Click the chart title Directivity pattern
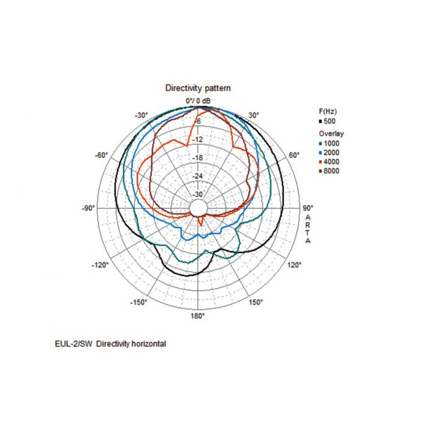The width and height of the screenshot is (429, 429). tap(198, 88)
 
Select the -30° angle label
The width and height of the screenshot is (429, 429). tap(142, 115)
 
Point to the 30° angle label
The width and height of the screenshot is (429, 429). tap(254, 115)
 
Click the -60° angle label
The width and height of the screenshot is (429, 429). tap(101, 155)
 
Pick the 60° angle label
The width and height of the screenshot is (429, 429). tap(294, 155)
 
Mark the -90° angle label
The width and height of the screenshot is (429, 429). tap(88, 208)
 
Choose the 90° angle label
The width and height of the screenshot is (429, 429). tap(308, 208)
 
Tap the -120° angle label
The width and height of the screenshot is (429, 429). tap(100, 265)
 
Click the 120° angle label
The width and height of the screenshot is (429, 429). tap(295, 265)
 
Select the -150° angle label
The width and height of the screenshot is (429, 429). tap(139, 302)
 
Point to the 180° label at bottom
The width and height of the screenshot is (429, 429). tap(197, 316)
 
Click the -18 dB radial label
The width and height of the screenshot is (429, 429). tap(197, 158)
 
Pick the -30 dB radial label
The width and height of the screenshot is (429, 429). tap(197, 194)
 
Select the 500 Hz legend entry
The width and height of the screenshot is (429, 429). tap(327, 121)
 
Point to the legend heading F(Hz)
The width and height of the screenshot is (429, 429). tap(328, 112)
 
